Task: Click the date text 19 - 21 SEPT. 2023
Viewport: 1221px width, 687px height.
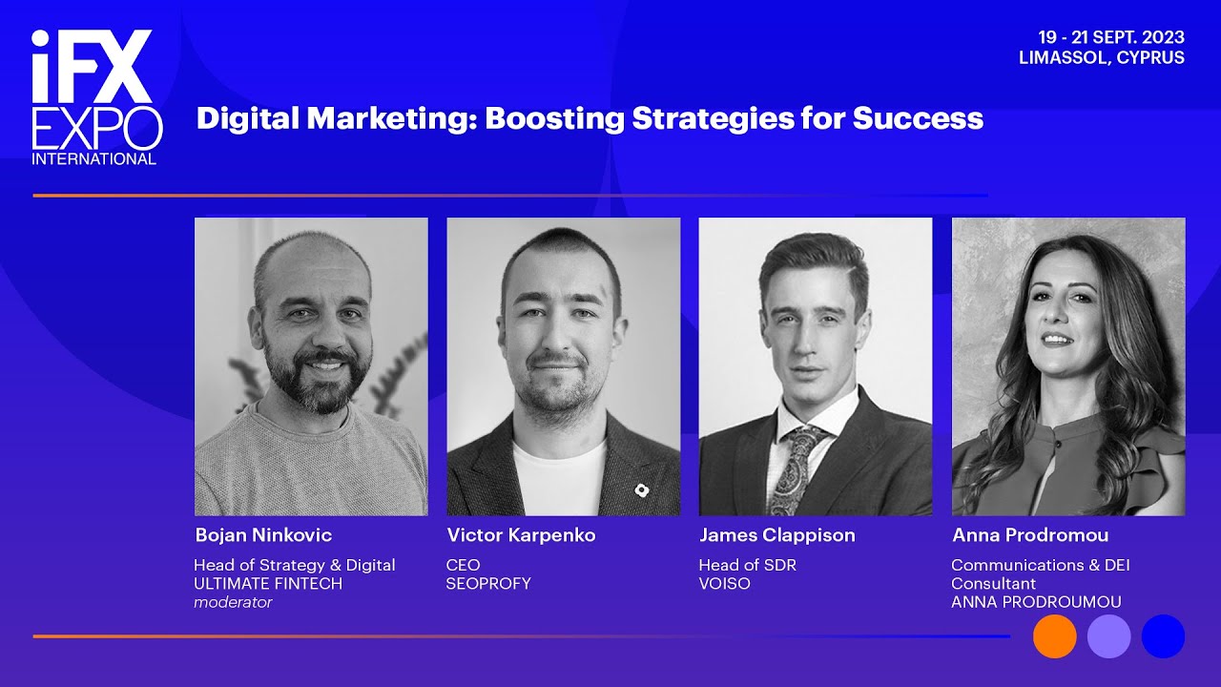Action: [x=1111, y=37]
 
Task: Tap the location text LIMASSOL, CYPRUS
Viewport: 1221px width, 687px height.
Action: [x=1101, y=57]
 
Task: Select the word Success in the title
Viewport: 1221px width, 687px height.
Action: [x=918, y=118]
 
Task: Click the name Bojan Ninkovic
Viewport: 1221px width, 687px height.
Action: [x=263, y=535]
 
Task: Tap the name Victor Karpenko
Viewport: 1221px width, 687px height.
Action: [x=521, y=535]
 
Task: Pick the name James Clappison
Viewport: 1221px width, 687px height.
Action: [x=776, y=535]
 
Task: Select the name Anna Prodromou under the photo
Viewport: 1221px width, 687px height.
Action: [x=1030, y=535]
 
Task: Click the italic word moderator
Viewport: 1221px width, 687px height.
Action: [x=233, y=602]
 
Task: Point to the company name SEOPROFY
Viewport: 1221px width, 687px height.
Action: [x=488, y=583]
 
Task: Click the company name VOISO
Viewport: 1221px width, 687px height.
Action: [x=724, y=583]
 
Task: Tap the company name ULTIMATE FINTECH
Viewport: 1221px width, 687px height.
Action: [x=268, y=583]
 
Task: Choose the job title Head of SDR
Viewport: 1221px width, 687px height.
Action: [x=747, y=565]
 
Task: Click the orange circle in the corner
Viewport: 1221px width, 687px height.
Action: [x=1054, y=636]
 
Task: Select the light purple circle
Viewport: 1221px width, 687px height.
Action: [x=1108, y=636]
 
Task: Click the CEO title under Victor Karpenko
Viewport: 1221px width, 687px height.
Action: [x=463, y=565]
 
